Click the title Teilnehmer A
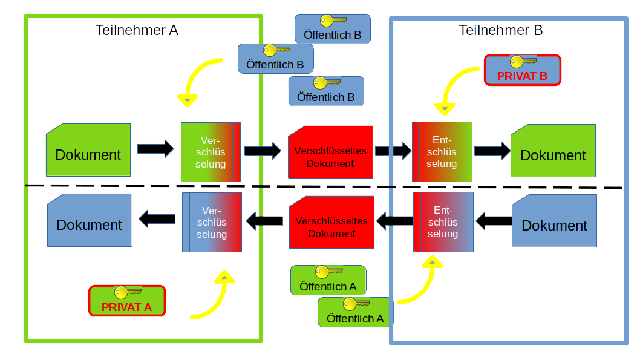137,30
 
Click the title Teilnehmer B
500,30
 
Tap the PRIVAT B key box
523,70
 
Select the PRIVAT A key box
126,301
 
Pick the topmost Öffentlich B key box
333,29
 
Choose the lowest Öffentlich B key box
325,91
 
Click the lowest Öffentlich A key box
355,312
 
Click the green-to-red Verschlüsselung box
211,152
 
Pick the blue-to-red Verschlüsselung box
212,222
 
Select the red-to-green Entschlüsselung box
442,152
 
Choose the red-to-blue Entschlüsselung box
443,222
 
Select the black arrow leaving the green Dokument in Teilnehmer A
155,149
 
